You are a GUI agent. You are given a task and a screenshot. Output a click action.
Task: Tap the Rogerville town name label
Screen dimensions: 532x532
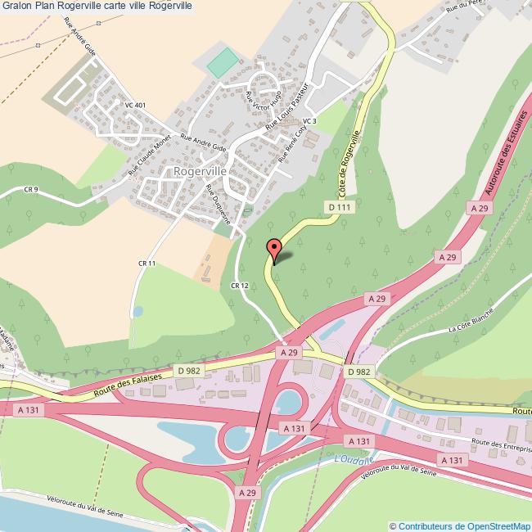(x=200, y=172)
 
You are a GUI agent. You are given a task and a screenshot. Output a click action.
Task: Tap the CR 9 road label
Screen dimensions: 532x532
(x=32, y=190)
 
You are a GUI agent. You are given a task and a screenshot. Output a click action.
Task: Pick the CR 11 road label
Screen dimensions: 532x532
(x=147, y=263)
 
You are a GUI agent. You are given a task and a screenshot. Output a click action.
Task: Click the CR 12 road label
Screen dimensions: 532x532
(x=239, y=285)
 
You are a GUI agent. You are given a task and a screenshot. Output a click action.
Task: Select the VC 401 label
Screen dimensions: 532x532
(x=135, y=106)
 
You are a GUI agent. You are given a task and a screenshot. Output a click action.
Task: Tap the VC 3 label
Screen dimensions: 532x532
(x=309, y=121)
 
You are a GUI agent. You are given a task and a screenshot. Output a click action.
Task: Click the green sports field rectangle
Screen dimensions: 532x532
(x=222, y=63)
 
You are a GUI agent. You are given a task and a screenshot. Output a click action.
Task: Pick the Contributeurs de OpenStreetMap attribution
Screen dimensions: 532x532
(x=460, y=525)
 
